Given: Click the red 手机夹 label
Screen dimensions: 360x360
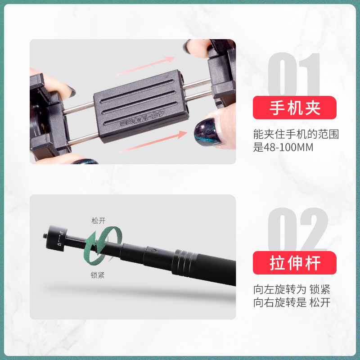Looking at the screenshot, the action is (x=295, y=108).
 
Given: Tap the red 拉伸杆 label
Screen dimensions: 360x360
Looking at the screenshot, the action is (x=295, y=263).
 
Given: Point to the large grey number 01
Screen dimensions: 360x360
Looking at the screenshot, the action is (x=294, y=74).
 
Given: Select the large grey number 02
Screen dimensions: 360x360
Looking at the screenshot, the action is (x=298, y=229).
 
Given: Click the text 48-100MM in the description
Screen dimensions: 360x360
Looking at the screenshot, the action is (x=288, y=148).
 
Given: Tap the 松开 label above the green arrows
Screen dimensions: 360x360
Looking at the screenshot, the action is (x=98, y=221).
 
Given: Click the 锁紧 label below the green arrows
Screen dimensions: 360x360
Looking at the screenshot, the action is (x=98, y=275).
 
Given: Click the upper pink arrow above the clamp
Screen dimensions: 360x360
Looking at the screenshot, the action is (x=145, y=66).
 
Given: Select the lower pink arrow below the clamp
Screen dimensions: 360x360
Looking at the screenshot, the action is (x=153, y=142).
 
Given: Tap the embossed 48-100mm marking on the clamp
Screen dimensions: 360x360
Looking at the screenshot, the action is (x=142, y=119).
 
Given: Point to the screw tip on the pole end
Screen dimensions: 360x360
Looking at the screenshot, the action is (x=44, y=235).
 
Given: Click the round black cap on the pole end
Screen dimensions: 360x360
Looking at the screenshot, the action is (x=57, y=238).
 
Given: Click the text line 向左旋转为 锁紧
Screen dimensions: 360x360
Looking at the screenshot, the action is (x=292, y=289).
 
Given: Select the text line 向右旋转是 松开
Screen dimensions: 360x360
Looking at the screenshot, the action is (x=292, y=302).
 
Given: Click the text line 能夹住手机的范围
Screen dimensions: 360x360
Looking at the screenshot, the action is (x=296, y=134).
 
